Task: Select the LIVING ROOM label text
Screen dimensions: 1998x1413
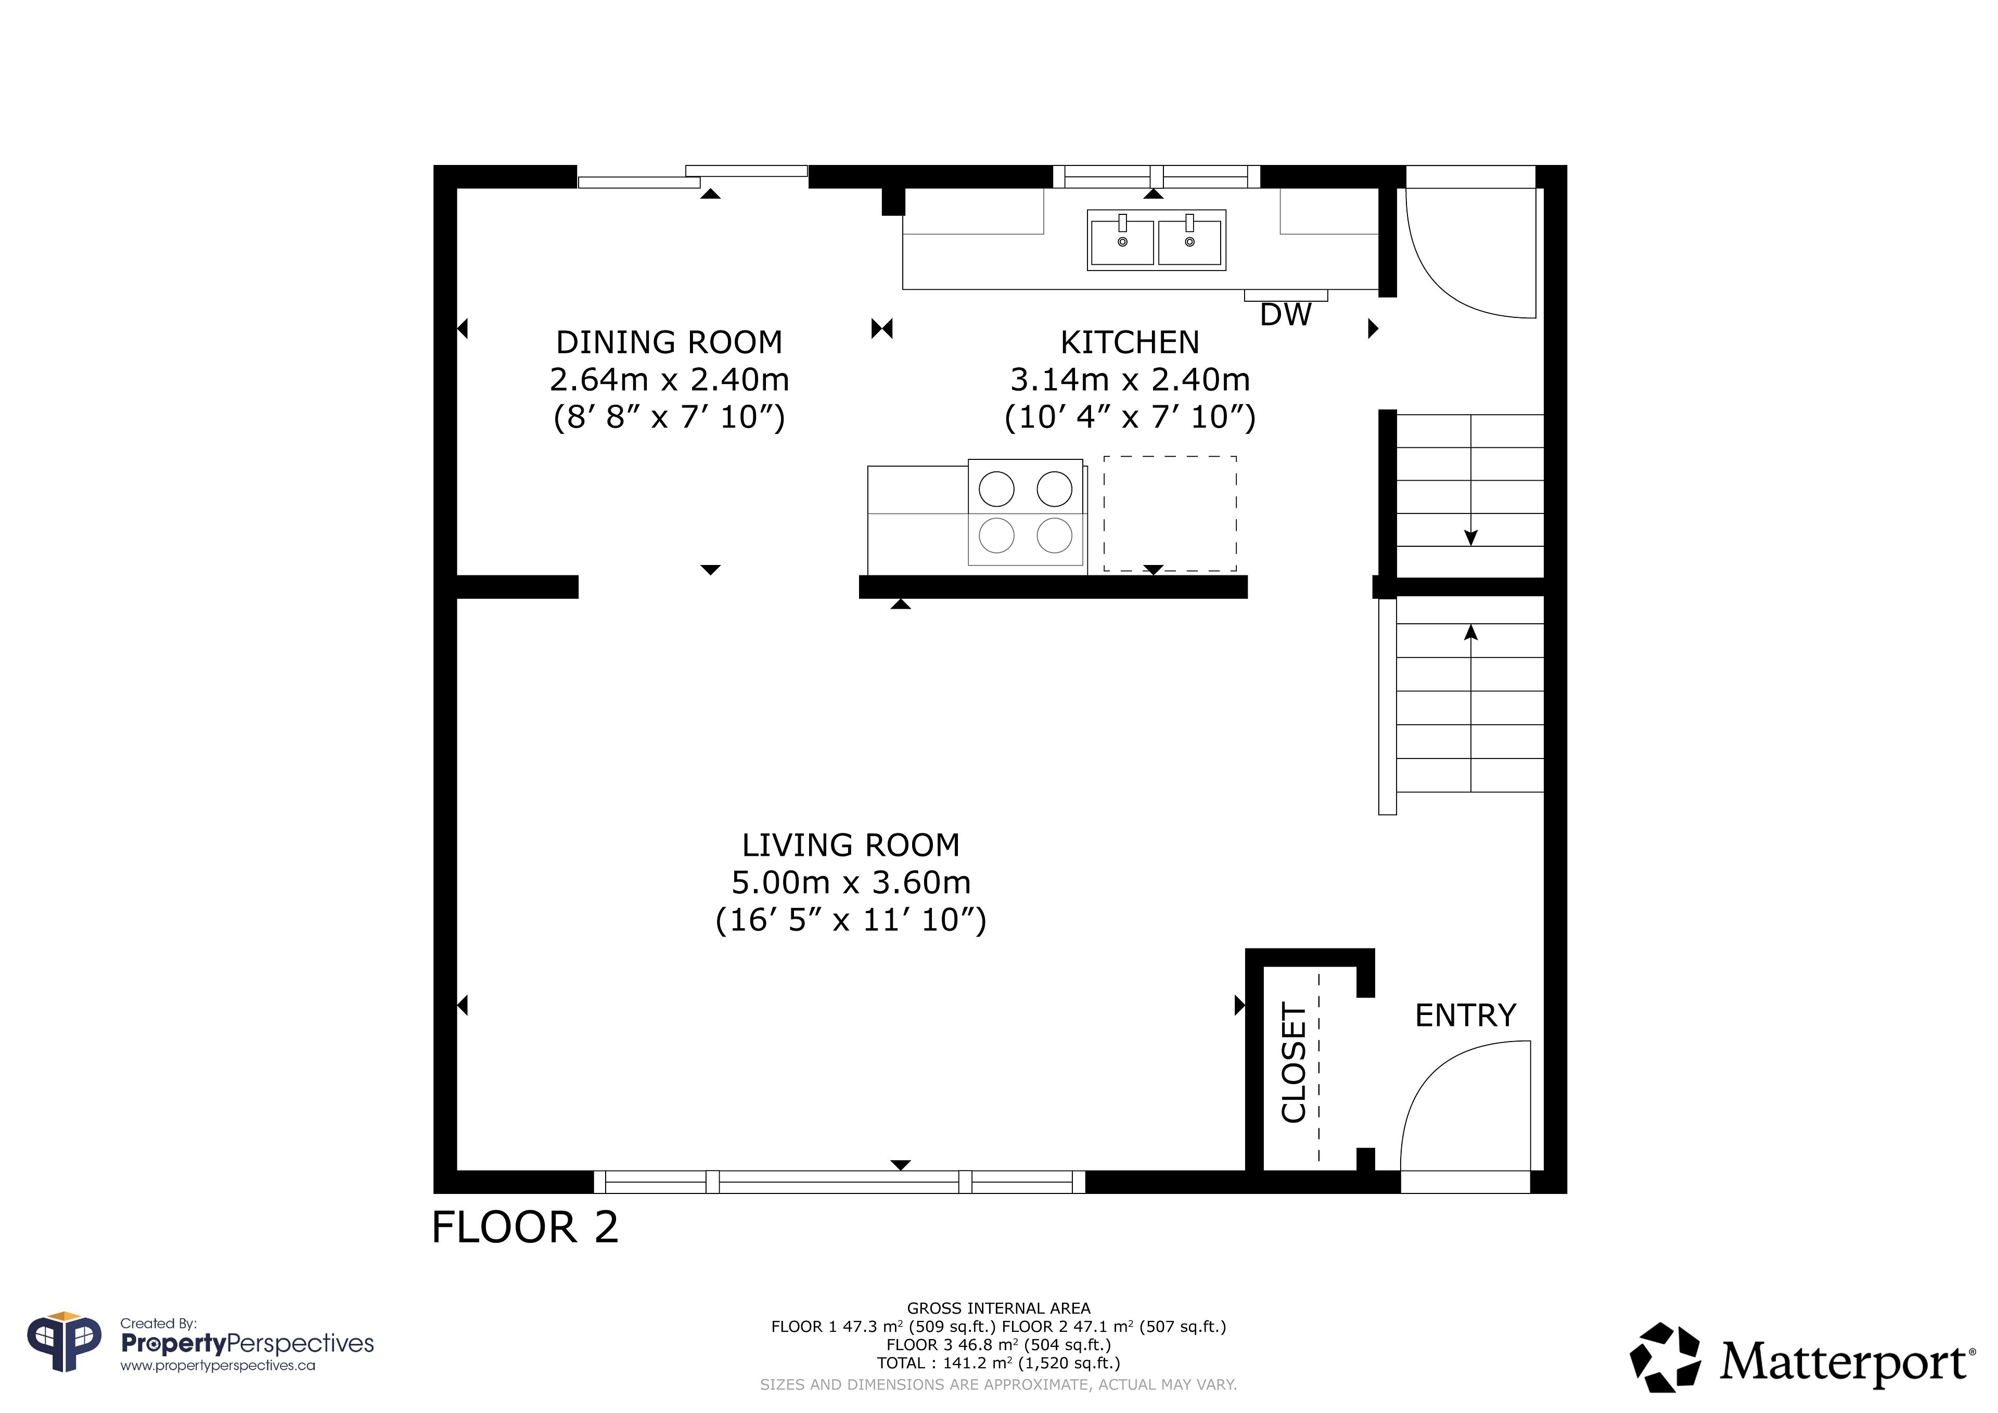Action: pyautogui.click(x=850, y=845)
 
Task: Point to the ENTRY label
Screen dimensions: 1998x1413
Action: pyautogui.click(x=1465, y=1016)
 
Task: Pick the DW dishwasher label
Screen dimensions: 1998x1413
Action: pyautogui.click(x=1285, y=315)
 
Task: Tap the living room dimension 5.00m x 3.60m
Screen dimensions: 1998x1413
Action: pyautogui.click(x=850, y=882)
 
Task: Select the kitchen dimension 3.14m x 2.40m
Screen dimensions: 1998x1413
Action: pyautogui.click(x=1130, y=379)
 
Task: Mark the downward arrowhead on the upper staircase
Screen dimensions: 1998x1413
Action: pyautogui.click(x=1470, y=538)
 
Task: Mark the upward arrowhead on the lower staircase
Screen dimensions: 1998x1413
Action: pyautogui.click(x=1470, y=633)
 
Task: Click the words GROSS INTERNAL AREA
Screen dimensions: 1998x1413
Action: pyautogui.click(x=998, y=1308)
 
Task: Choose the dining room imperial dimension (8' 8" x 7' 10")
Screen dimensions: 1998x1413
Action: pyautogui.click(x=669, y=417)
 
